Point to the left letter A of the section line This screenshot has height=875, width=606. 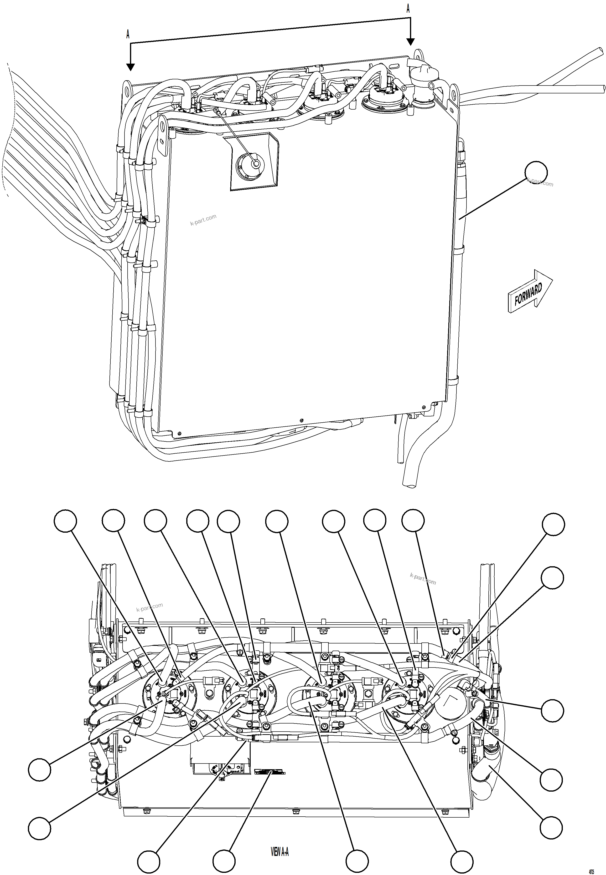[x=128, y=35]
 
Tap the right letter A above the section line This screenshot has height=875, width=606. [x=408, y=9]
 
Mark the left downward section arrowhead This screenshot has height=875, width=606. [x=130, y=67]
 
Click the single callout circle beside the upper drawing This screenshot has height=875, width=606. [x=536, y=172]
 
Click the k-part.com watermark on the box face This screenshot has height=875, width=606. [x=203, y=220]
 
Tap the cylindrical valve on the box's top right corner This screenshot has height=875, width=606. [x=423, y=84]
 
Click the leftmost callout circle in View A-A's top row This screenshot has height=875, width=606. [x=65, y=521]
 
